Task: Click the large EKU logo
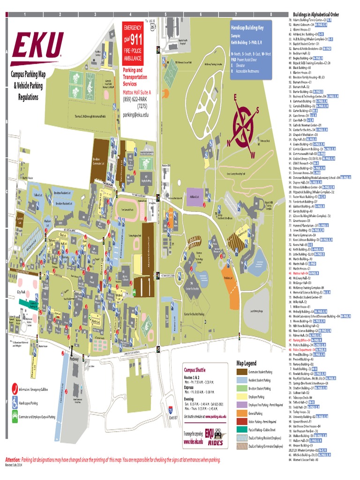[37, 45]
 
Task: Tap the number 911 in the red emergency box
[136, 39]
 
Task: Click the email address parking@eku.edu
[136, 114]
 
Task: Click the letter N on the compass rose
[229, 143]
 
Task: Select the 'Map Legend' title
[246, 363]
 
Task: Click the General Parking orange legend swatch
[241, 413]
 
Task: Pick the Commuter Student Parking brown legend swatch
[241, 372]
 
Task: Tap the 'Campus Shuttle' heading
[195, 369]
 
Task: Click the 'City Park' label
[21, 292]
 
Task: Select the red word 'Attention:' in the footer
[13, 460]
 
